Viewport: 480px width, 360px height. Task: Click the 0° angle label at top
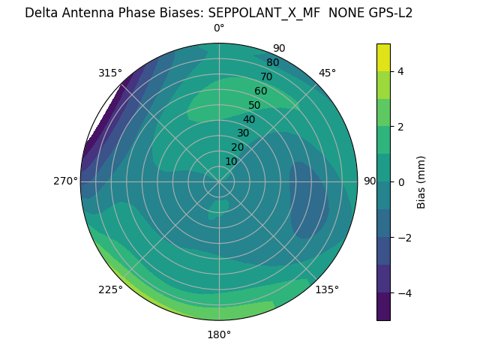pyautogui.click(x=219, y=28)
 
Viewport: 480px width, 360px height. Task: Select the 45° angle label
pyautogui.click(x=327, y=73)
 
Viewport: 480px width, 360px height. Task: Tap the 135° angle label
pyautogui.click(x=327, y=289)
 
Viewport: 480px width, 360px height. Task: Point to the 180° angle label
pyautogui.click(x=219, y=334)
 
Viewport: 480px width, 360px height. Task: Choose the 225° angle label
pyautogui.click(x=110, y=289)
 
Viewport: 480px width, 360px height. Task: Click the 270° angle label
pyautogui.click(x=65, y=181)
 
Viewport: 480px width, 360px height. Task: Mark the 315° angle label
pyautogui.click(x=110, y=73)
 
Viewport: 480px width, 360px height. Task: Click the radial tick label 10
pyautogui.click(x=231, y=161)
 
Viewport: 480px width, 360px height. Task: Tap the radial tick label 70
pyautogui.click(x=266, y=76)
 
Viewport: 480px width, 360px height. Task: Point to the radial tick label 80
pyautogui.click(x=272, y=62)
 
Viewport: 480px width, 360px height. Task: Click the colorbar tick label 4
pyautogui.click(x=401, y=71)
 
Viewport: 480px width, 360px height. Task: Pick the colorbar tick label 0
pyautogui.click(x=401, y=181)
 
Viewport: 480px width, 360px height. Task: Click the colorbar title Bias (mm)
pyautogui.click(x=421, y=181)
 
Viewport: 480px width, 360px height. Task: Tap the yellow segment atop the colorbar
pyautogui.click(x=383, y=57)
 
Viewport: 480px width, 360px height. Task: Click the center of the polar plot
pyautogui.click(x=219, y=181)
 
